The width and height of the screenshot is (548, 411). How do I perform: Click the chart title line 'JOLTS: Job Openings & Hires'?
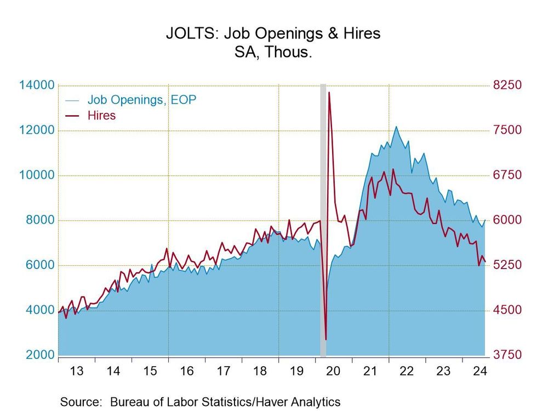[273, 33]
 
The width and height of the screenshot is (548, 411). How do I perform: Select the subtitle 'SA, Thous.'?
[273, 53]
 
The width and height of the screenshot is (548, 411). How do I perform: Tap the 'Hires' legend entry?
[101, 115]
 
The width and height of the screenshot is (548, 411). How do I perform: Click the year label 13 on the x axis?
[76, 371]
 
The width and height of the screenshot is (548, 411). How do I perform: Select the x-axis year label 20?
[334, 371]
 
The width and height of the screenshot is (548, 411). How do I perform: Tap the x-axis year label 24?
[481, 371]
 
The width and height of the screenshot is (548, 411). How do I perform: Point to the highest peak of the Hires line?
[329, 93]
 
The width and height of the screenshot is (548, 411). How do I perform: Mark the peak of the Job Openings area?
[396, 127]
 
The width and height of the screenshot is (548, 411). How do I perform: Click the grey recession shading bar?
[323, 219]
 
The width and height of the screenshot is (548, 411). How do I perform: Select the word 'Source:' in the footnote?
[82, 402]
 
